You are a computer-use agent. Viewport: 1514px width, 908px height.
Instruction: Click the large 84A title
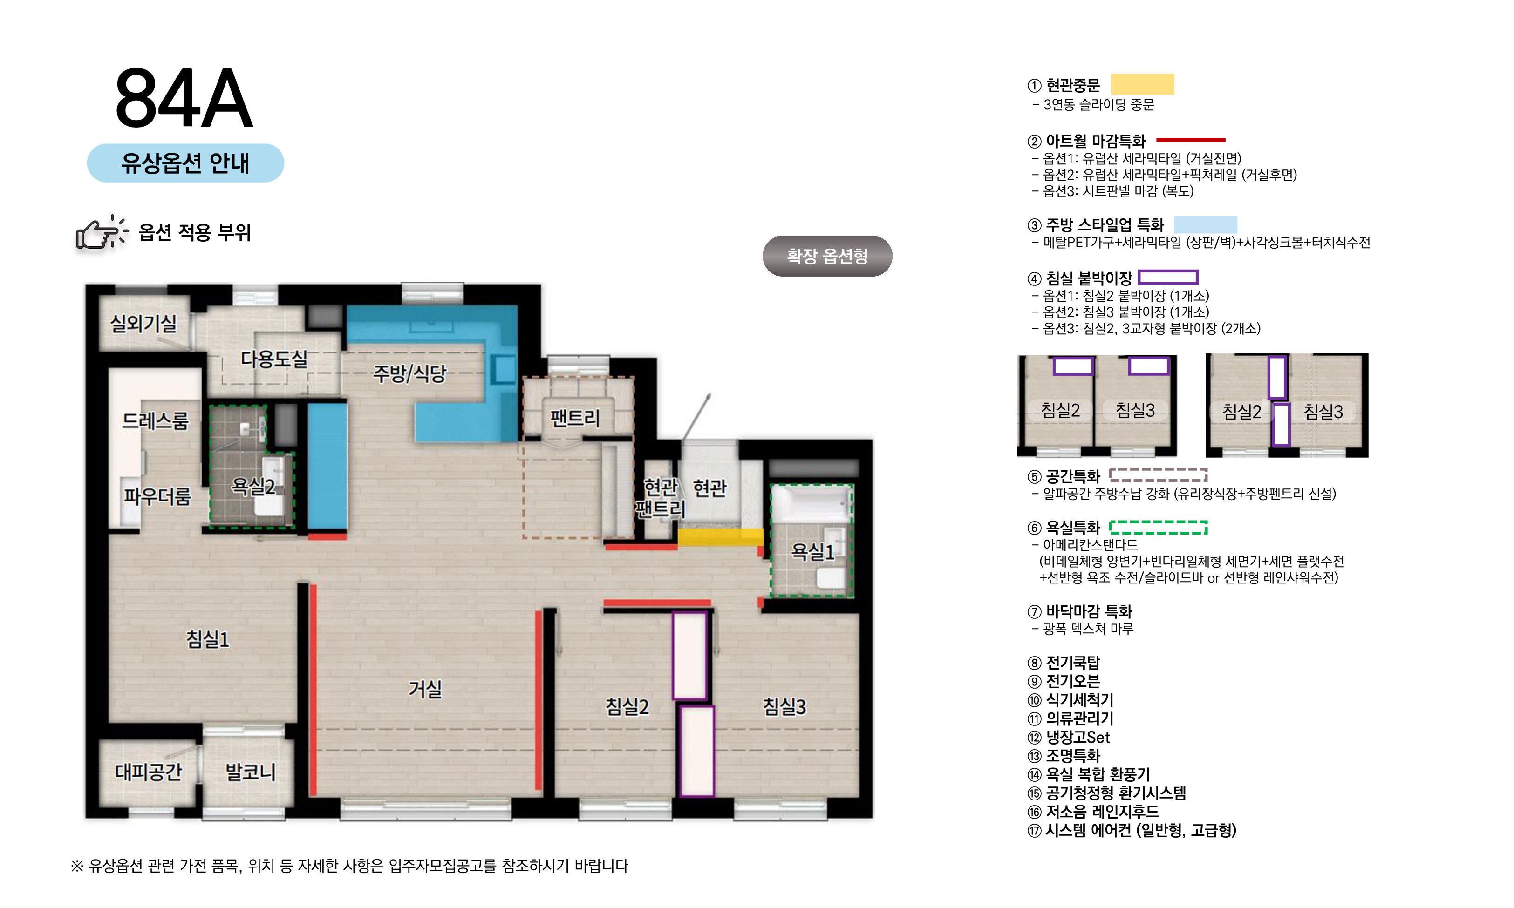coord(184,99)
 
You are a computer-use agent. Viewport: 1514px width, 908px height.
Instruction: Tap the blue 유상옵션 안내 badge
coord(185,163)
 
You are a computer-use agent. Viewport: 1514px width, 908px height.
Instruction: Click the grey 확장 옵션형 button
coord(827,256)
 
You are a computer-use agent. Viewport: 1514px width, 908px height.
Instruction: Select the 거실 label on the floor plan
coord(425,689)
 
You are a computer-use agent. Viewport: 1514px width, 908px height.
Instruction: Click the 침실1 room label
coord(207,639)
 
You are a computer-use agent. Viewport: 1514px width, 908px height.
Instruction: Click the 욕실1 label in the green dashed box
coord(812,552)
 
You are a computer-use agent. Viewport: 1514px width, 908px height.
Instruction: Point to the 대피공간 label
coord(148,772)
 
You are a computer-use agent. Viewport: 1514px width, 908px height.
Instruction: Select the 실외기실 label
coord(143,323)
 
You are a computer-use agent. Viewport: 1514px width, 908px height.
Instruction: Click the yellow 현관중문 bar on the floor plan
coord(720,536)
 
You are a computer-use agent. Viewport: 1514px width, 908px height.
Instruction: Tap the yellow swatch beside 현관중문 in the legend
coord(1142,84)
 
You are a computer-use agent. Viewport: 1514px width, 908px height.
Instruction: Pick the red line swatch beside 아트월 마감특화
coord(1190,140)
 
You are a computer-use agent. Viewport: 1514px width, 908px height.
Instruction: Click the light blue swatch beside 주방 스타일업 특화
coord(1205,224)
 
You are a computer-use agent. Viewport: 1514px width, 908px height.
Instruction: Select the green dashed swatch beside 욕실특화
coord(1158,528)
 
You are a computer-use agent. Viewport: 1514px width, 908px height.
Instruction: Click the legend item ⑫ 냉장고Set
coord(1069,737)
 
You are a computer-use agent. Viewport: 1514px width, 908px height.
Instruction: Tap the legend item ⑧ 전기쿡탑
coord(1064,663)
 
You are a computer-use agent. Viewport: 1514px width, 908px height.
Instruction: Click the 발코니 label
coord(250,772)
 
